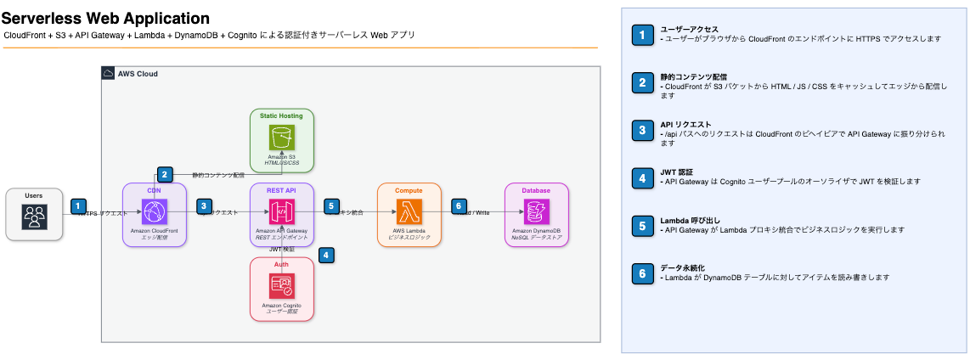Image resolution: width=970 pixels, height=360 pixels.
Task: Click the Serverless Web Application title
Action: point(106,17)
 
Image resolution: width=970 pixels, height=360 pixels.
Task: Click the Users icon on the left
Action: point(34,217)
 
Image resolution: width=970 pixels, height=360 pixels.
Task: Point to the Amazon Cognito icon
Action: point(281,287)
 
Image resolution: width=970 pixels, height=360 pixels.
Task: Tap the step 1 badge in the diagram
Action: point(78,205)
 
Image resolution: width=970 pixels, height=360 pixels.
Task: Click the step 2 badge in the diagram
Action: point(165,174)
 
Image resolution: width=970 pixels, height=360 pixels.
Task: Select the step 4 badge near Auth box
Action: point(326,254)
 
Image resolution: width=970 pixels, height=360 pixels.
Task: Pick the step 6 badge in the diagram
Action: point(459,205)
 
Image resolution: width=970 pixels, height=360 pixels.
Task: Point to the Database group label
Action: point(537,190)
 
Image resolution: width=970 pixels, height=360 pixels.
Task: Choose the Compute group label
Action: point(409,190)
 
